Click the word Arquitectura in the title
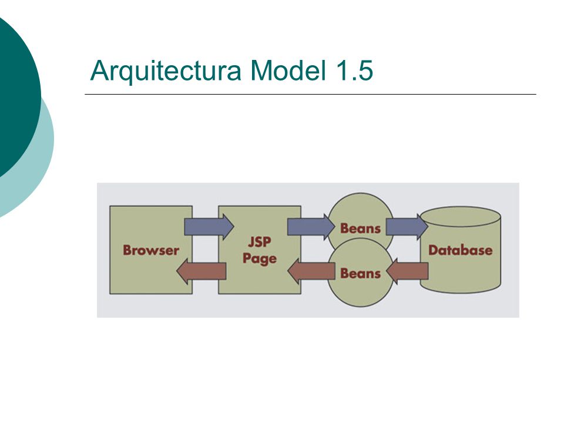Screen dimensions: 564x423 (x=166, y=71)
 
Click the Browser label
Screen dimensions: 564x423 (x=151, y=250)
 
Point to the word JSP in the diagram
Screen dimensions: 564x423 (x=259, y=241)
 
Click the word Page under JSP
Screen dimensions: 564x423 (x=259, y=258)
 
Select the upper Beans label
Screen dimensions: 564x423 (x=360, y=229)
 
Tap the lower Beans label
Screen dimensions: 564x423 (x=360, y=273)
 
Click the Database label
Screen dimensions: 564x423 (x=460, y=250)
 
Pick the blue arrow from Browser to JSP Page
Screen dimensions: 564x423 (x=209, y=227)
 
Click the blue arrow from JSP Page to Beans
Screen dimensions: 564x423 (x=311, y=227)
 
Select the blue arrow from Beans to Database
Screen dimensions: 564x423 (x=407, y=227)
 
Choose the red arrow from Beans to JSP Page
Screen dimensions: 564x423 (x=311, y=271)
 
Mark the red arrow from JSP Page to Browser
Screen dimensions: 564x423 (x=201, y=271)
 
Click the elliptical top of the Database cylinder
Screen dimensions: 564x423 (x=461, y=217)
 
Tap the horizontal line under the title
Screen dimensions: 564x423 (x=310, y=94)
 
